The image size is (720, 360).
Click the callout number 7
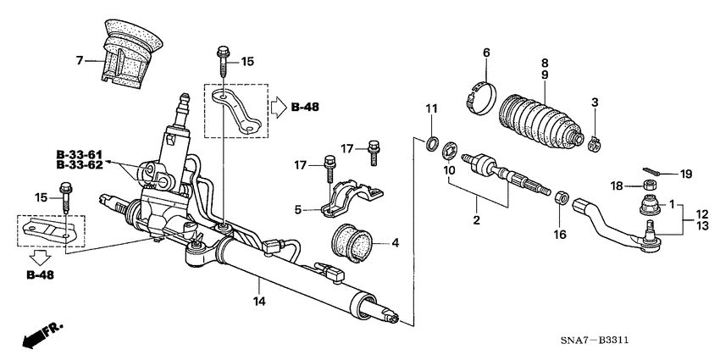pos(80,60)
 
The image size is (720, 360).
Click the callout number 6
pos(486,53)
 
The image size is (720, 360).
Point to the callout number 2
pos(477,220)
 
